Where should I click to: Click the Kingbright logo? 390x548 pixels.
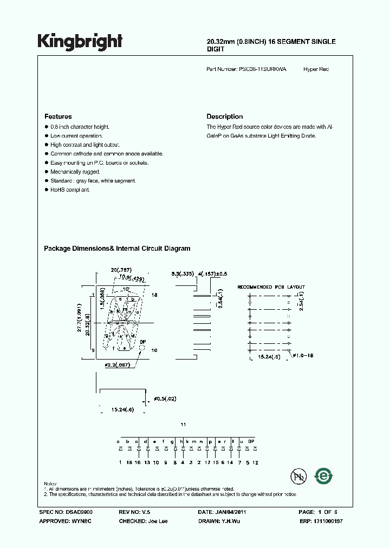(x=80, y=42)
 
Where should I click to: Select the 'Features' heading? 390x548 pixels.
(x=58, y=116)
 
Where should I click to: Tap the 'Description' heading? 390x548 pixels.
(x=225, y=116)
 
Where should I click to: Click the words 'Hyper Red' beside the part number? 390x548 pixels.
(x=316, y=69)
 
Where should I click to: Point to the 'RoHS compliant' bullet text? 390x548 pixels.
(x=70, y=190)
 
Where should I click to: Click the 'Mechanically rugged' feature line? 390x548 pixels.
(x=75, y=172)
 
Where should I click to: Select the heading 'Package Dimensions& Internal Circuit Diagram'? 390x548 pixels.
(x=117, y=249)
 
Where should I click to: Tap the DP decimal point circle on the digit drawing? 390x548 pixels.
(x=143, y=350)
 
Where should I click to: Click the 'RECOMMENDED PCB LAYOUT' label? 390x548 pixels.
(x=271, y=287)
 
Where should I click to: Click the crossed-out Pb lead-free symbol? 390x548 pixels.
(x=297, y=476)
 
